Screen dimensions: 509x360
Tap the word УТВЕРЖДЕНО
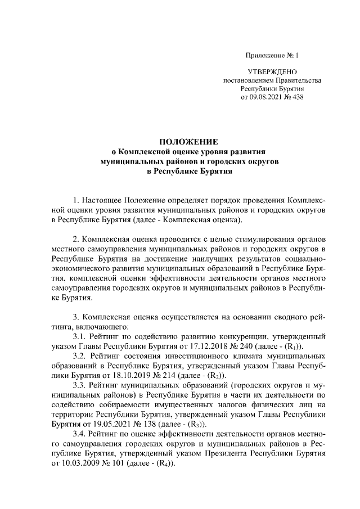click(x=272, y=73)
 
